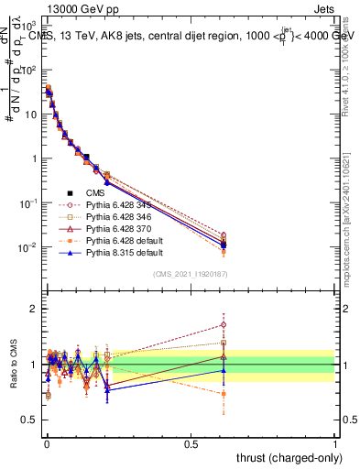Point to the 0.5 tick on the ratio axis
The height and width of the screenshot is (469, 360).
tap(29, 420)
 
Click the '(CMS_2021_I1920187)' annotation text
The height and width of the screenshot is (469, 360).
tap(191, 274)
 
